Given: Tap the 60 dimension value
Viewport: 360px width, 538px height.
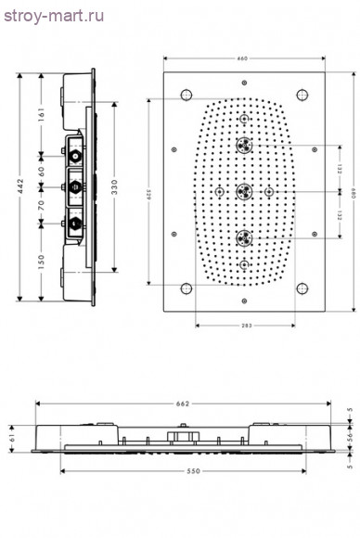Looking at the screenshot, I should coord(41,173).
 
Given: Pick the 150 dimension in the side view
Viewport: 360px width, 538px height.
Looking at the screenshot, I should coord(41,263).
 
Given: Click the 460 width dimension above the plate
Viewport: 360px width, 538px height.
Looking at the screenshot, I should coord(242,59).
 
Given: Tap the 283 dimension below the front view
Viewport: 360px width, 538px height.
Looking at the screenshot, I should coord(244,326).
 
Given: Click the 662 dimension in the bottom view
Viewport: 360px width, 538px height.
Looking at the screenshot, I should coord(183,403).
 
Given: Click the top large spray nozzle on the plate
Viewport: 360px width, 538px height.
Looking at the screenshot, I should coord(244,146).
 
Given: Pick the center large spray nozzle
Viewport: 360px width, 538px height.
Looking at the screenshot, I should coord(244,192).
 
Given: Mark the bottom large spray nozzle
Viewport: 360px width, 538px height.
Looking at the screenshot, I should coord(244,238).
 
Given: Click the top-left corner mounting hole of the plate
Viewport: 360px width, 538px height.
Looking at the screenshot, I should coord(186,95).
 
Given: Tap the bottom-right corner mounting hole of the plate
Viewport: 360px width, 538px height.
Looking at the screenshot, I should coord(302,288).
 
